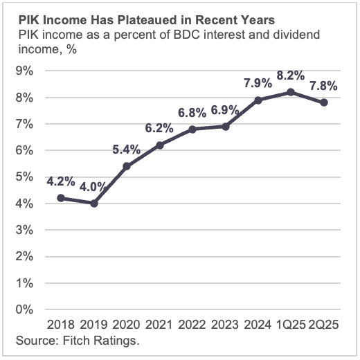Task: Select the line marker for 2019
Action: pos(94,203)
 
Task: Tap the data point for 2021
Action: pos(161,145)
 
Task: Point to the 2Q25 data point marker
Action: pos(324,102)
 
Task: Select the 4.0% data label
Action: pos(92,186)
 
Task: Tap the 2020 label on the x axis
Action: pos(128,325)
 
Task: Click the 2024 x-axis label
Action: pos(258,325)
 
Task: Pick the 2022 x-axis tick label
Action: pos(193,325)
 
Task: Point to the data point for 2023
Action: pos(226,126)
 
